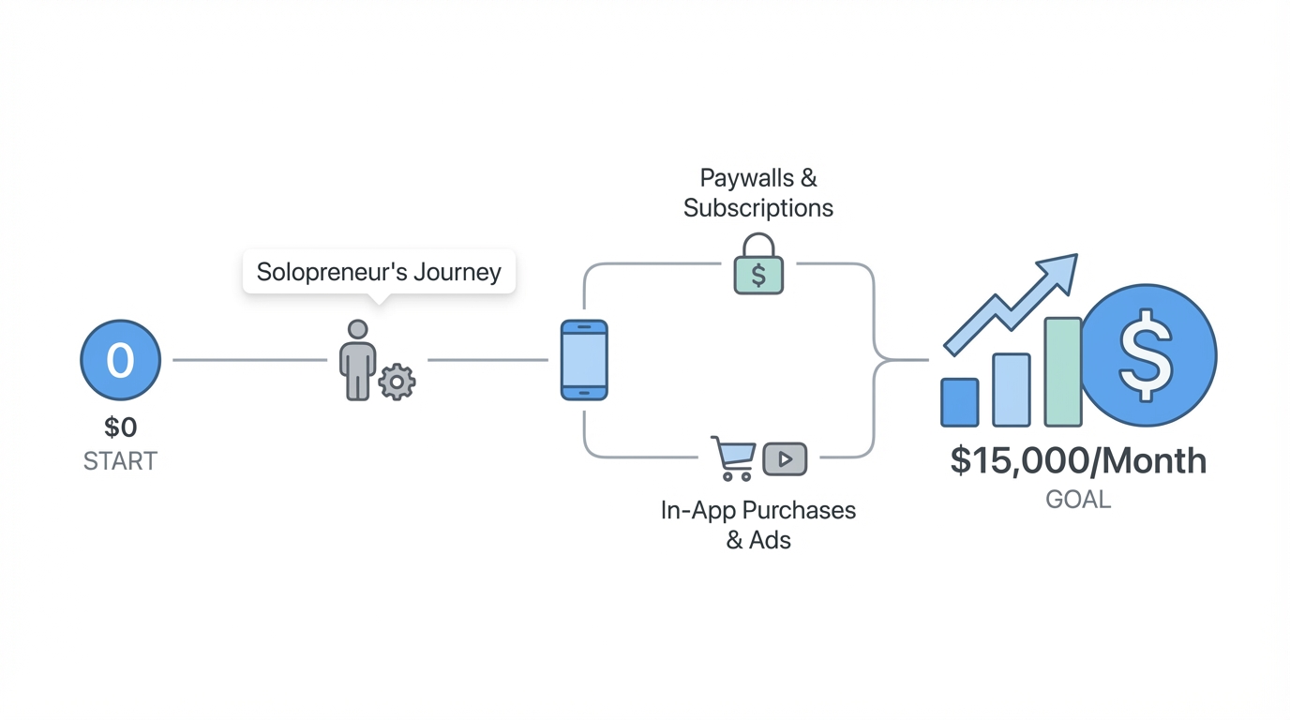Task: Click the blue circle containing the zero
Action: click(120, 360)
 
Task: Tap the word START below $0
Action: click(120, 461)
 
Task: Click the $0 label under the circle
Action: click(120, 427)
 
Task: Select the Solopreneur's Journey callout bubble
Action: click(379, 272)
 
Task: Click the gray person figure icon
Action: click(357, 360)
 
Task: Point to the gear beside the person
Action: click(397, 382)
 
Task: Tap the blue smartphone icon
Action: click(584, 360)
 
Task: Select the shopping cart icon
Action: click(733, 457)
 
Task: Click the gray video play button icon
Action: click(785, 458)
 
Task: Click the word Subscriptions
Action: click(757, 208)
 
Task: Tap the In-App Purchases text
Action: click(757, 511)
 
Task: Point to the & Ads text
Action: click(757, 541)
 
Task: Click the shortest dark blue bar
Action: click(959, 402)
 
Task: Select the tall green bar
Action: click(1063, 372)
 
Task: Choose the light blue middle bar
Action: click(1012, 390)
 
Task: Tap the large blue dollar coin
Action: click(1147, 355)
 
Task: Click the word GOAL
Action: click(1078, 500)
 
